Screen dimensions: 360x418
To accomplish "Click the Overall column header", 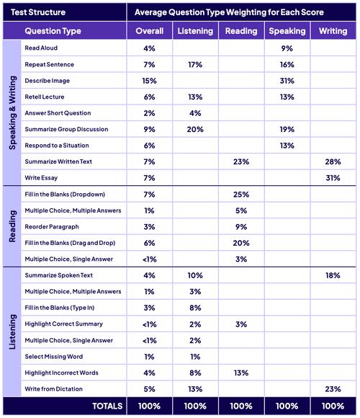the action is (149, 31).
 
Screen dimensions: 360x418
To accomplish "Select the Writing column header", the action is (333, 31).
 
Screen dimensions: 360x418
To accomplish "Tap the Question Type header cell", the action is (53, 31).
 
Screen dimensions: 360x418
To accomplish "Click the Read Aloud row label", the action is (41, 48).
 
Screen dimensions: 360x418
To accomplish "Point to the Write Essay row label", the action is (41, 178).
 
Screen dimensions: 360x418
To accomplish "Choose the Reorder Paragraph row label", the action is (52, 227).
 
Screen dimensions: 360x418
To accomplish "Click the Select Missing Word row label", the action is (54, 357).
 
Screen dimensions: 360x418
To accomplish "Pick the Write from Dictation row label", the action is (53, 389).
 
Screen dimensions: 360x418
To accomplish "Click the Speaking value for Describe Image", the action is (287, 81).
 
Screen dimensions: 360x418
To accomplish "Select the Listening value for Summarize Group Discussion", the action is (195, 129).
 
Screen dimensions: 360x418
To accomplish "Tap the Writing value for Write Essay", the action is (333, 178).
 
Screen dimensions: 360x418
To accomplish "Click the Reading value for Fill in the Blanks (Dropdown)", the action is (241, 195).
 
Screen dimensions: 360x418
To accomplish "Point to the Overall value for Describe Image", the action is (149, 81).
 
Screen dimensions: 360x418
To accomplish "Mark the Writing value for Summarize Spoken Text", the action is (333, 275).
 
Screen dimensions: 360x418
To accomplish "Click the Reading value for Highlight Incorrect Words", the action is (241, 373).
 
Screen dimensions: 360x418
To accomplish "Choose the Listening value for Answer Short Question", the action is (195, 113).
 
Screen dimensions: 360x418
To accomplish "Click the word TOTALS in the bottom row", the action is (107, 406).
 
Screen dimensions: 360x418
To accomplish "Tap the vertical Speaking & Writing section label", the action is (12, 112).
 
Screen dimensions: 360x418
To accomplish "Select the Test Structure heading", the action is (38, 12).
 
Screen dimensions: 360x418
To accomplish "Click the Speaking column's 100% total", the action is (287, 406).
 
